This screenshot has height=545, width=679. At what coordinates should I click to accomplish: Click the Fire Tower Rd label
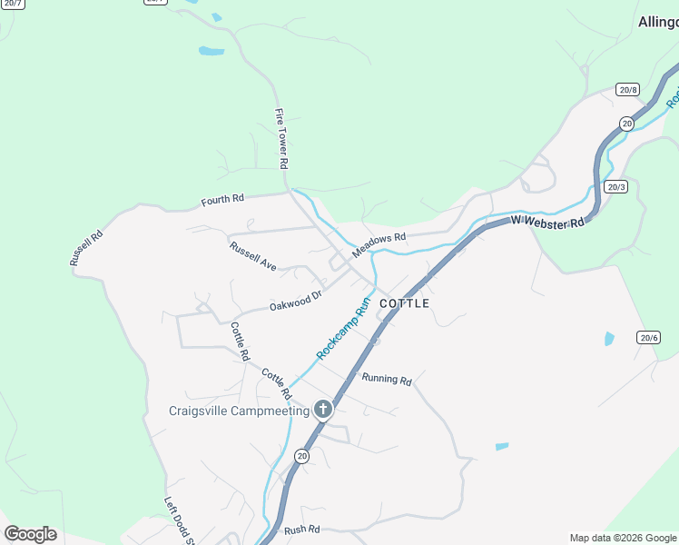281,139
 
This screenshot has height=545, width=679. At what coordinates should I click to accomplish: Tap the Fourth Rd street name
222,199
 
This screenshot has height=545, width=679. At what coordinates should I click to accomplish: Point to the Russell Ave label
252,255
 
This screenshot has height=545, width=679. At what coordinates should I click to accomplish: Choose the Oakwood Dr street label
296,301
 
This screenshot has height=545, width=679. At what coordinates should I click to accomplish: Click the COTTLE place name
404,303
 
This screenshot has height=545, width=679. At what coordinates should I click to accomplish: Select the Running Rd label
387,379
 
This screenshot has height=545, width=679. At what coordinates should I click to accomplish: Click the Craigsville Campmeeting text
239,411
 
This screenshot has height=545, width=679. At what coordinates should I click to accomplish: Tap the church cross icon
322,410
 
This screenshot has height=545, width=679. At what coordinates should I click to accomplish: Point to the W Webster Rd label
546,221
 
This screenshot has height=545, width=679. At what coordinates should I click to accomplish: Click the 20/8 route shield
627,89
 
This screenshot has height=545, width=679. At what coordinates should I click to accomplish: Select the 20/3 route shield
616,187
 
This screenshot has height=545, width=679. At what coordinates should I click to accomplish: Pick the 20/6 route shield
648,337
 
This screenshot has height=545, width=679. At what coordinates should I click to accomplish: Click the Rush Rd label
301,529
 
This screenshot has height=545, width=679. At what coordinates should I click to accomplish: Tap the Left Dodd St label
180,521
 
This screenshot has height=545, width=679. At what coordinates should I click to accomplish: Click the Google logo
31,533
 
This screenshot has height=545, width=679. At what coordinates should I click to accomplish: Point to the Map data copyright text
622,538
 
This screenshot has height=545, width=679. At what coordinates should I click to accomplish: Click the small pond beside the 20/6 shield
609,339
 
